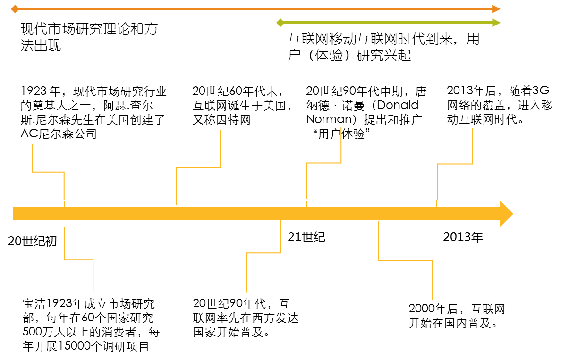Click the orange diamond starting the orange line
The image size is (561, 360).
(x=15, y=9)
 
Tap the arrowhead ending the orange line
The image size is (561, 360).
(x=496, y=9)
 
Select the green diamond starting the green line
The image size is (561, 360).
(x=280, y=23)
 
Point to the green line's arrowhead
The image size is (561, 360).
(x=496, y=23)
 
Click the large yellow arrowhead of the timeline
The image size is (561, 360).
(x=507, y=214)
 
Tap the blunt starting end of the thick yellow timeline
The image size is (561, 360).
(x=15, y=214)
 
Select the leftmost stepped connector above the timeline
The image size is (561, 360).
(x=48, y=172)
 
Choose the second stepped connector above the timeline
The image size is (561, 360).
(x=198, y=167)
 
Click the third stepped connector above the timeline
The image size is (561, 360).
(x=324, y=163)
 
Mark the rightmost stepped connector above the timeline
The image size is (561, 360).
(x=455, y=164)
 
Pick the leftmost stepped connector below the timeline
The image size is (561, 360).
(x=79, y=260)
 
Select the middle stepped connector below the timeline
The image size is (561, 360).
(x=263, y=253)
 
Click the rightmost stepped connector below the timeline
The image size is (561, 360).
(x=405, y=260)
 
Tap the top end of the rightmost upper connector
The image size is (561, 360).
(x=472, y=129)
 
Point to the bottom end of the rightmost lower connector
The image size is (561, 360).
(x=433, y=299)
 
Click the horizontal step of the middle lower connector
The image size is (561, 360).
(x=263, y=253)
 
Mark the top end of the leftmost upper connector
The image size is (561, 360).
(x=32, y=145)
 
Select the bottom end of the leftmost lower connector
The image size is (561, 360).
(x=93, y=291)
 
